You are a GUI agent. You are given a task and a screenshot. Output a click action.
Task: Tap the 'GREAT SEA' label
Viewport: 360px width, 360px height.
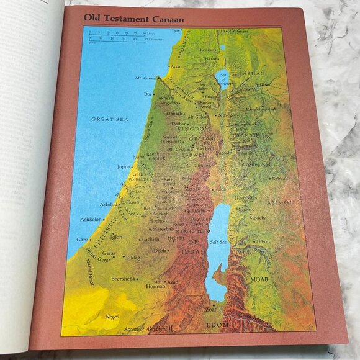[x=109, y=118]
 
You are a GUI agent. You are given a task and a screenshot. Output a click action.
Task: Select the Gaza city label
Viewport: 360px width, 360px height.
[x=82, y=239]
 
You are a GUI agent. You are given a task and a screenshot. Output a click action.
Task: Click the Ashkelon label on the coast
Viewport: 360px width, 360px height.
[x=91, y=219]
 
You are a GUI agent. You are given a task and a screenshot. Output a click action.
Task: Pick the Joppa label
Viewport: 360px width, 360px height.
[x=124, y=166]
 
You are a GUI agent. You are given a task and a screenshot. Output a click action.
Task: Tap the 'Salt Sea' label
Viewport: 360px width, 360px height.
[x=217, y=242]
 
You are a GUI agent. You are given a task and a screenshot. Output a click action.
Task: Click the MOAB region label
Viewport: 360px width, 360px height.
[x=259, y=279]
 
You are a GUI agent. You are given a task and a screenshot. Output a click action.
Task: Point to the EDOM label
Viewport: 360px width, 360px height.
[x=217, y=325]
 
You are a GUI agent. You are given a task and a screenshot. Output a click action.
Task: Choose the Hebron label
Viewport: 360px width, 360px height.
[x=176, y=237]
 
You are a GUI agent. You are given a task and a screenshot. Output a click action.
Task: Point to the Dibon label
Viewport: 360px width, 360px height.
[x=263, y=241]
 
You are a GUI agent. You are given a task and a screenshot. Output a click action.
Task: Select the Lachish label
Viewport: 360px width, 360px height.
[x=150, y=240]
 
